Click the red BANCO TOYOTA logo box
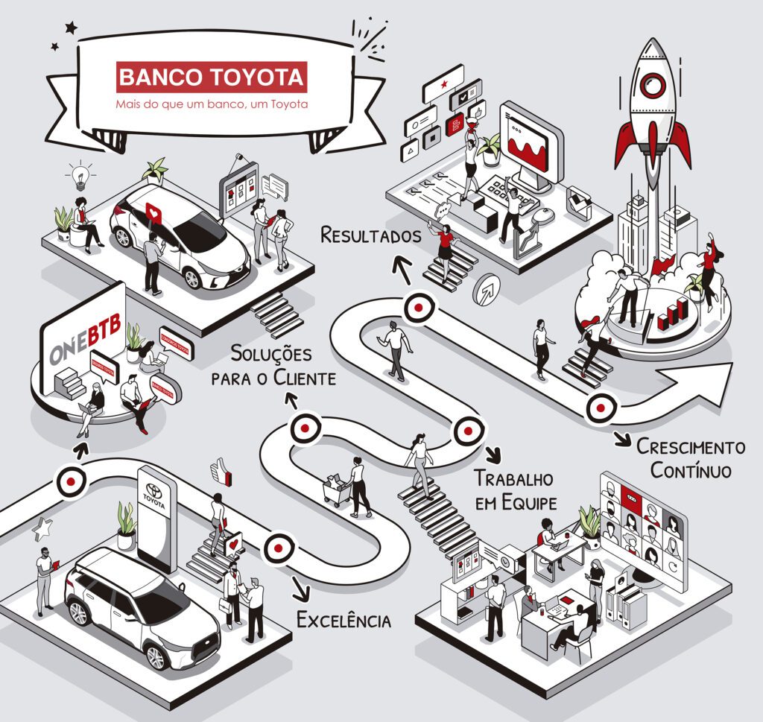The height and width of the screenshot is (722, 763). click(212, 77)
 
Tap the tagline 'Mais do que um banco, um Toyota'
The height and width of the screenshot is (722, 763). click(212, 104)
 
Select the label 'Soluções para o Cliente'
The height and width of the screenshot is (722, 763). click(273, 365)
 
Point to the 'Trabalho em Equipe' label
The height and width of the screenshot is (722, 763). click(516, 490)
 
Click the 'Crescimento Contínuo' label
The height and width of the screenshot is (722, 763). click(690, 458)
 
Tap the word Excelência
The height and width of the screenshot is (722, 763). click(343, 619)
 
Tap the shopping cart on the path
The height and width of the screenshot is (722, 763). click(336, 490)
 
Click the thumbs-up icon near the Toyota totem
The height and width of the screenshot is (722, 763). click(219, 469)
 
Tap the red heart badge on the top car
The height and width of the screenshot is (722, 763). click(153, 213)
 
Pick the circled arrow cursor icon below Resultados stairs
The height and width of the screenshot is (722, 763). click(488, 289)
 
